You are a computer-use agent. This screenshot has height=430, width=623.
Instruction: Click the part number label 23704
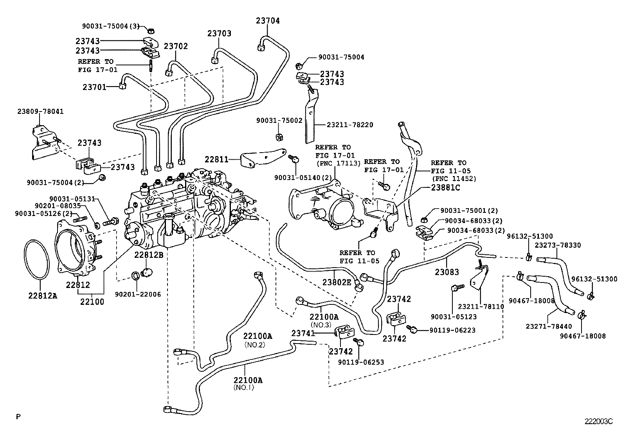point(268,21)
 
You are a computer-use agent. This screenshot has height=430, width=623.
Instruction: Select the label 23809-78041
point(40,112)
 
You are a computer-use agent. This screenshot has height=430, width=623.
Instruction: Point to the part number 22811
point(216,159)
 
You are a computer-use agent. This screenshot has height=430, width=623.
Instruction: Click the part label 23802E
point(337,282)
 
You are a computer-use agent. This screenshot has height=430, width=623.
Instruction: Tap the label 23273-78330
point(558,245)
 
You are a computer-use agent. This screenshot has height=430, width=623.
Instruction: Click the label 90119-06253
point(361,362)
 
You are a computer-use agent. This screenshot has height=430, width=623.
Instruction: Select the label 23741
point(303,333)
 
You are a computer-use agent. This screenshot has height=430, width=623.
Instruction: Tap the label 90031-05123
point(454,317)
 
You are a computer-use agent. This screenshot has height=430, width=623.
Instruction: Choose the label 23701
point(94,87)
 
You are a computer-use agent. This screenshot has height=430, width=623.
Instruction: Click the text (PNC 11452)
point(454,179)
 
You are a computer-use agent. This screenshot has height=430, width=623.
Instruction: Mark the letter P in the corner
point(18,417)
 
